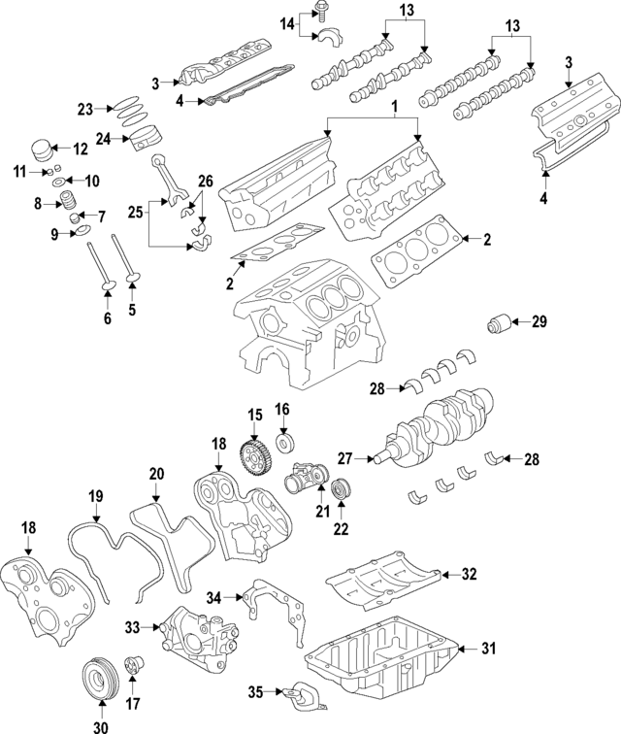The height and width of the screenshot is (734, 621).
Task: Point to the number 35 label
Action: tap(255, 692)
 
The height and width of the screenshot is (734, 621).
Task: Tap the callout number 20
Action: tap(156, 474)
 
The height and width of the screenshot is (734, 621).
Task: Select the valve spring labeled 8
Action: tap(69, 201)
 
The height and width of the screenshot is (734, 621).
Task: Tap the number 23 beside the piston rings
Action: tap(84, 109)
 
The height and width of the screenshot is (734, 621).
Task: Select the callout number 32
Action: tap(470, 575)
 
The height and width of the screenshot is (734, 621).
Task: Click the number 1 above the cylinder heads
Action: tap(394, 105)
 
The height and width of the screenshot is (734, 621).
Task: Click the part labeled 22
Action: tap(340, 488)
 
